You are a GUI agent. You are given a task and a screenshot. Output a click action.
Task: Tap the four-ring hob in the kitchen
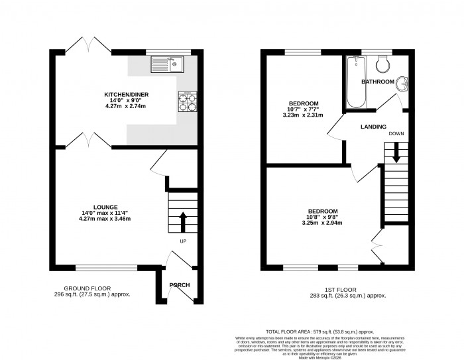[x=186, y=102]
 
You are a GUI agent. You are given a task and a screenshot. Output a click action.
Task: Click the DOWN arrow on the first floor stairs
[x=396, y=154]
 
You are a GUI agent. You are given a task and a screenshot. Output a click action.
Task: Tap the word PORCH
[x=179, y=285]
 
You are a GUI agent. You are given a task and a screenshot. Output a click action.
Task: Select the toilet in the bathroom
[x=382, y=64]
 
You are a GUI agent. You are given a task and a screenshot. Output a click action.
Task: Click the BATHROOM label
[x=377, y=82]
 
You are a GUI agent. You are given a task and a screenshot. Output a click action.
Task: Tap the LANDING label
[x=373, y=126]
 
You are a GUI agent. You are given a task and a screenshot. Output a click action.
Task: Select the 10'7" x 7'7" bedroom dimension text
[x=303, y=109]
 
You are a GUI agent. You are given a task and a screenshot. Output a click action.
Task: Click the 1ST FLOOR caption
[x=337, y=288]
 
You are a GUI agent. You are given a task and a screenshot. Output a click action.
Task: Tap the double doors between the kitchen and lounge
[x=87, y=141]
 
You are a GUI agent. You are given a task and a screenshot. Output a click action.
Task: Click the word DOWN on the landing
[x=396, y=133]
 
